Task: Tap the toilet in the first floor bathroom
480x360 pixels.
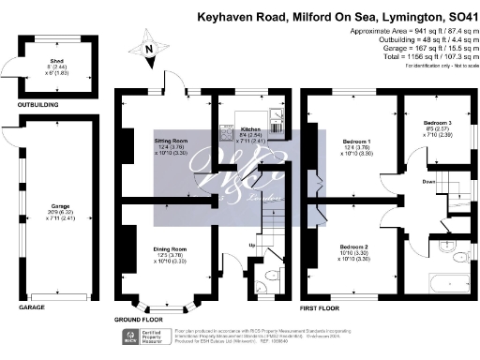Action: pyautogui.click(x=453, y=249)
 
